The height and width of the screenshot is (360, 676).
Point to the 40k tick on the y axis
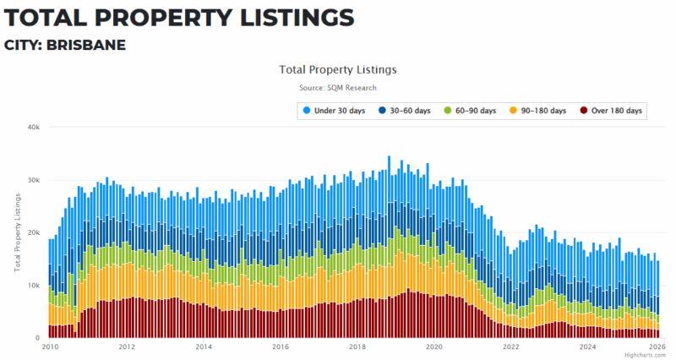[34, 128]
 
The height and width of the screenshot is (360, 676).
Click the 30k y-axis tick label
[34, 180]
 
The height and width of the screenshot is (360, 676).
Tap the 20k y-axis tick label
[34, 233]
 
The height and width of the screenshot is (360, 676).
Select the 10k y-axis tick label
[34, 286]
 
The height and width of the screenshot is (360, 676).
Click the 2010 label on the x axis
[50, 346]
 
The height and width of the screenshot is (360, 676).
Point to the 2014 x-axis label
[204, 346]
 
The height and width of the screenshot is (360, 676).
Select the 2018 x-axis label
[357, 346]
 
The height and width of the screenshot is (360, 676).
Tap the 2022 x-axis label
[511, 346]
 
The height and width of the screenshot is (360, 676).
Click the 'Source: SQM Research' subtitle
[338, 88]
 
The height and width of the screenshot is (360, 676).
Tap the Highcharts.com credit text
[646, 355]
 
